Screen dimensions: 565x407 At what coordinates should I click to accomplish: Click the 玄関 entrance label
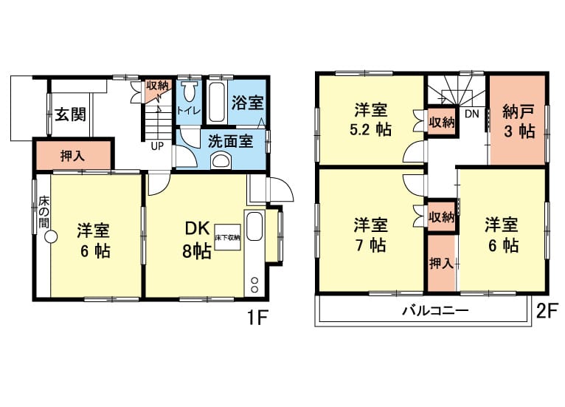click(71, 114)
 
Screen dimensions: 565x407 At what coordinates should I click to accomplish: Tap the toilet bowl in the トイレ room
click(190, 92)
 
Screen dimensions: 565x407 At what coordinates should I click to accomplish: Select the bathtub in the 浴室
click(217, 103)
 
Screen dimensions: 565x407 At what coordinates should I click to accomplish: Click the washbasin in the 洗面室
click(221, 160)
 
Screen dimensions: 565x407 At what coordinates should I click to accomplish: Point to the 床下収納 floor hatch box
click(227, 237)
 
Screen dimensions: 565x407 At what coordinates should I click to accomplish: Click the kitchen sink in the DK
click(254, 226)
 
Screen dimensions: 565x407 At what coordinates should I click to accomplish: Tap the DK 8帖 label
click(197, 239)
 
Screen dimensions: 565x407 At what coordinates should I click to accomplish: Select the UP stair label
click(157, 146)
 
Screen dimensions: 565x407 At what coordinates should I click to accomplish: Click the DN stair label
click(471, 114)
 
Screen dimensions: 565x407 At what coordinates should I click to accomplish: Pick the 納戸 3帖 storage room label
click(518, 123)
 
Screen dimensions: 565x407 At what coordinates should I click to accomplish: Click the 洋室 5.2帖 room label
click(371, 120)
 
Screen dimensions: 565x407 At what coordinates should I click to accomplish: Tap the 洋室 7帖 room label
click(370, 235)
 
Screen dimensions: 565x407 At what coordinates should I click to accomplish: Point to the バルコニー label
click(435, 310)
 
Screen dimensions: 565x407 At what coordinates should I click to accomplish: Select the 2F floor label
click(547, 311)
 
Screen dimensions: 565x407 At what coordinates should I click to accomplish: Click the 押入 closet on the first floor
click(73, 156)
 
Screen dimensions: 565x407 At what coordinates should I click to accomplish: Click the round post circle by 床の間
click(51, 237)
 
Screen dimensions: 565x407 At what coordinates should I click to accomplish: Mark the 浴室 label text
click(248, 103)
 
